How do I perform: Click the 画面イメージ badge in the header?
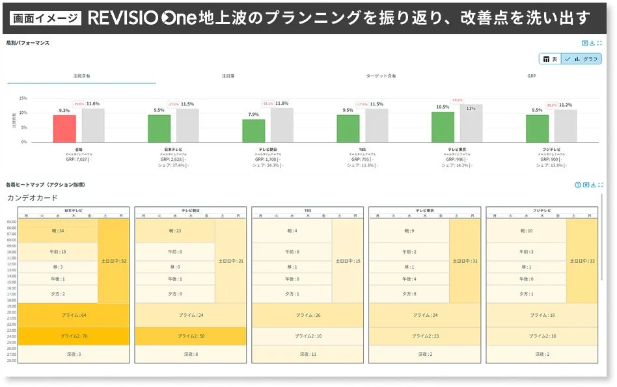pyautogui.click(x=46, y=18)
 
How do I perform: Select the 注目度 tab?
pyautogui.click(x=228, y=76)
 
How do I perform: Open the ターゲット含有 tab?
pyautogui.click(x=381, y=76)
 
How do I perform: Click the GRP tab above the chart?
pyautogui.click(x=532, y=76)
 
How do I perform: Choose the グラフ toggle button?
pyautogui.click(x=582, y=59)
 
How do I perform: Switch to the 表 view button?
pyautogui.click(x=550, y=59)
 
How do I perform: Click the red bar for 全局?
pyautogui.click(x=64, y=129)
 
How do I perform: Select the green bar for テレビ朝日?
pyautogui.click(x=253, y=131)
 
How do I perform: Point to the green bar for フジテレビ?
pyautogui.click(x=537, y=129)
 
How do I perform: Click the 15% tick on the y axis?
pyautogui.click(x=23, y=98)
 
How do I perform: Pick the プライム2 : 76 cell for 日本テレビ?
pyautogui.click(x=74, y=336)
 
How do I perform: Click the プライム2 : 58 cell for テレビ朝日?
pyautogui.click(x=191, y=336)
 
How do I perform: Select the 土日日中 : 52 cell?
pyautogui.click(x=114, y=261)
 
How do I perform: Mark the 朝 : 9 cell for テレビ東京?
pyautogui.click(x=409, y=231)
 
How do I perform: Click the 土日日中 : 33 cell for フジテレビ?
pyautogui.click(x=582, y=261)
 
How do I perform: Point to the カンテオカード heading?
pyautogui.click(x=33, y=198)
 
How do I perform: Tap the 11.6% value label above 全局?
pyautogui.click(x=92, y=104)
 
